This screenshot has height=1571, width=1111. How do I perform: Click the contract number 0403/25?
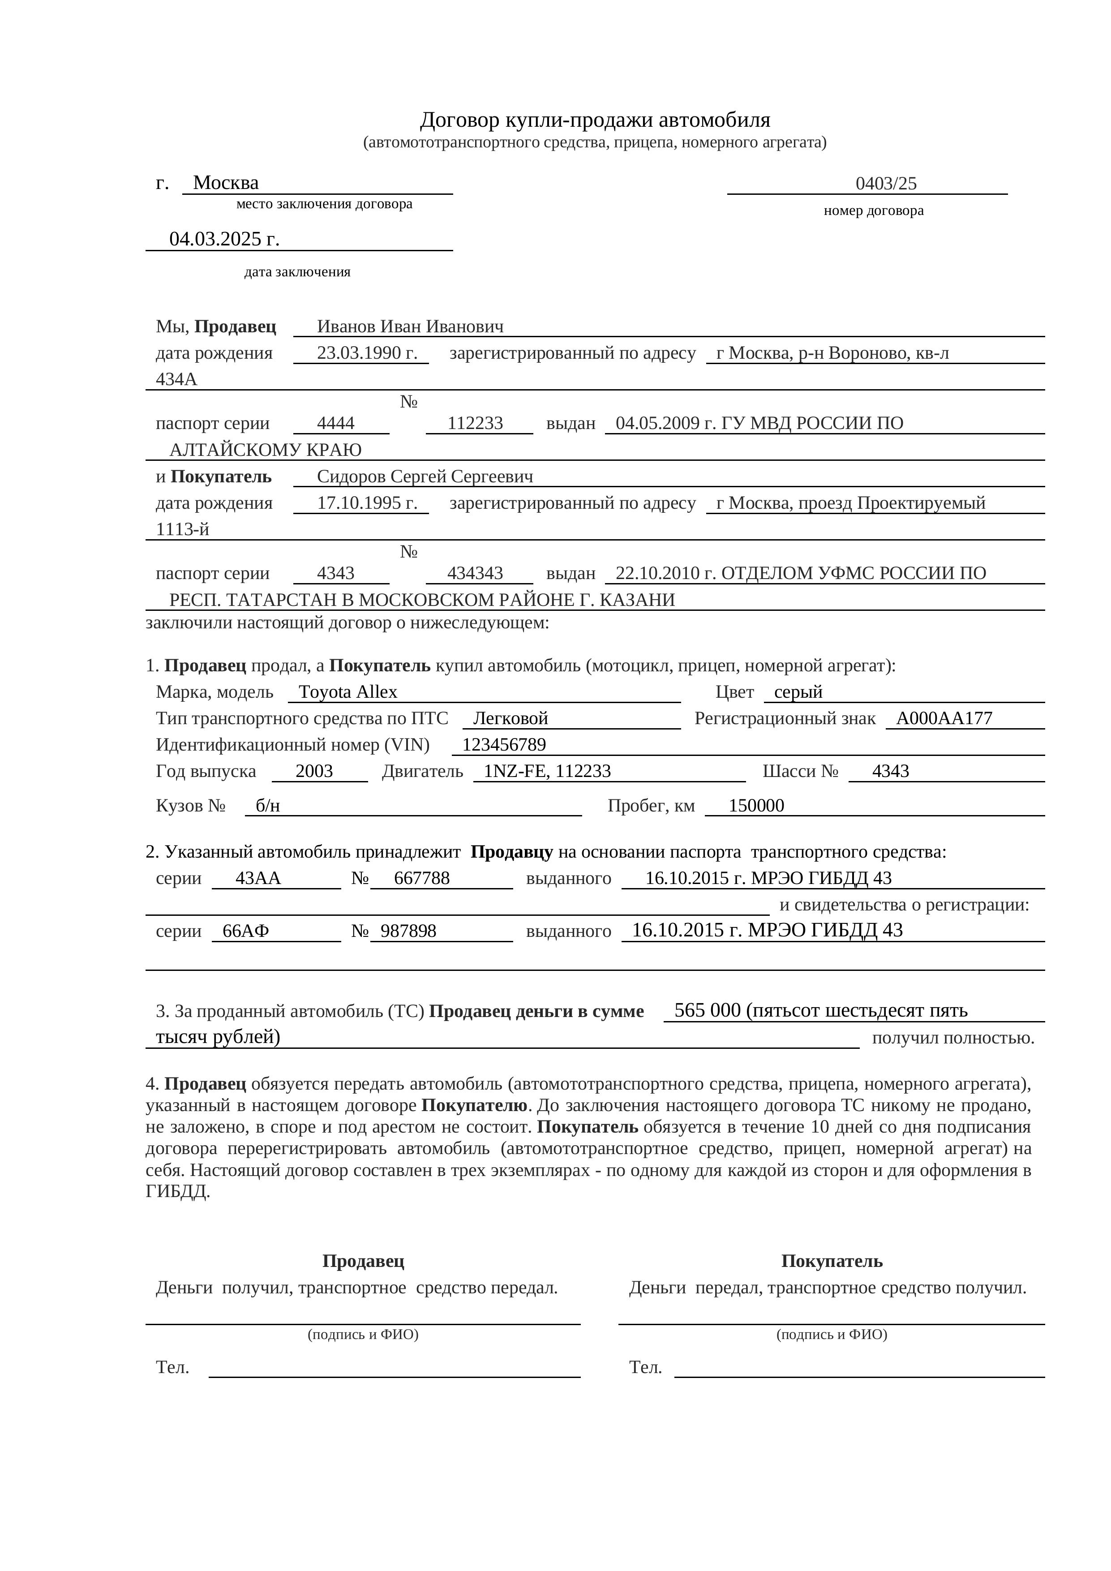[x=885, y=183]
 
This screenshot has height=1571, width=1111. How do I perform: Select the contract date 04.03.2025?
[x=224, y=239]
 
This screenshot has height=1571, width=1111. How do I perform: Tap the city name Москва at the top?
[x=226, y=183]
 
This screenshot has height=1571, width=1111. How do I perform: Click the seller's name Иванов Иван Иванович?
[x=410, y=326]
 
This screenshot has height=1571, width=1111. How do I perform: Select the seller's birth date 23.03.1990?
[x=367, y=353]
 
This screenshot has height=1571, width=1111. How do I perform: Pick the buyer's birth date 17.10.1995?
[x=367, y=503]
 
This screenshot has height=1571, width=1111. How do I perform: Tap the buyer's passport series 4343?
[x=335, y=573]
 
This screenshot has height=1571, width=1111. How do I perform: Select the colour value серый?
[x=798, y=692]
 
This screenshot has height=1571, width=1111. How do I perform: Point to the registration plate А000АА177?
[x=944, y=718]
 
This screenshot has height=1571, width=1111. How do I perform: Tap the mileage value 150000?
[x=756, y=805]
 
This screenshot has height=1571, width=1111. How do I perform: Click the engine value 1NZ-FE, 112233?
[x=547, y=771]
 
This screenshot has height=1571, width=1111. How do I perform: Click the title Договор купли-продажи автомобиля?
[x=595, y=120]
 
